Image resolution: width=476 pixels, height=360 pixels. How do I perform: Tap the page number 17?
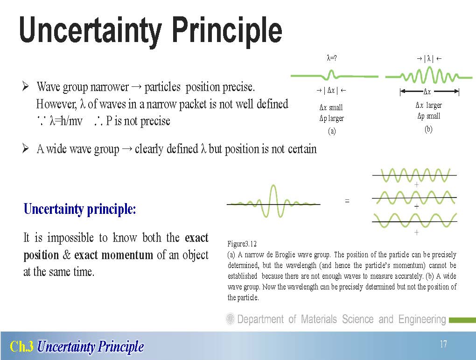click(x=443, y=344)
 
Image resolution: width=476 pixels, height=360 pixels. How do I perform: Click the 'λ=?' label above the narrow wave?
click(x=331, y=58)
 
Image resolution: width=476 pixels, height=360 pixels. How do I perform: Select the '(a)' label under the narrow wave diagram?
click(x=332, y=131)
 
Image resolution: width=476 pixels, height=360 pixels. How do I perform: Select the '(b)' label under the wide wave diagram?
click(x=428, y=129)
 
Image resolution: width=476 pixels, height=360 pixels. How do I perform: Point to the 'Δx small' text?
click(x=331, y=107)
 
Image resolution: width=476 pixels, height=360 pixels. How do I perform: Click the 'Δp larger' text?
click(x=331, y=118)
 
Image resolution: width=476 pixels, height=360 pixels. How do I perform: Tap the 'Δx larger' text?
click(x=429, y=105)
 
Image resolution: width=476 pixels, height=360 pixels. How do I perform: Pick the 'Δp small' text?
click(x=429, y=116)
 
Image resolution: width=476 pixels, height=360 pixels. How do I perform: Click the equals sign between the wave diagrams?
click(x=347, y=201)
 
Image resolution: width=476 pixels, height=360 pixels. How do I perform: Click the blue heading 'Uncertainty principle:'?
click(x=80, y=209)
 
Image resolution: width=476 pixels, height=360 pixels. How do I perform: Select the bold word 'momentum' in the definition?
click(x=127, y=254)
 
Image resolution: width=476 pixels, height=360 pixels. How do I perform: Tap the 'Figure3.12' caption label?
click(x=242, y=244)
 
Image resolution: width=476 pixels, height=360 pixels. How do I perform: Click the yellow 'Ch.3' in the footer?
click(x=21, y=346)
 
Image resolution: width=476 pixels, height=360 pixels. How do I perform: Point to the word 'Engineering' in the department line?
click(x=422, y=319)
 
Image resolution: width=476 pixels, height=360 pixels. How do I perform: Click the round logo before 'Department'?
click(x=231, y=319)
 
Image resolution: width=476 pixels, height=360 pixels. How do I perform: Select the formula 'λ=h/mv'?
click(x=66, y=121)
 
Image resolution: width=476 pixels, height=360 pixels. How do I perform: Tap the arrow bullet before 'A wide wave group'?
click(x=26, y=148)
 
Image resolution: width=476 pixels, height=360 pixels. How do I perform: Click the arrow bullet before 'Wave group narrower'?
click(x=26, y=86)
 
